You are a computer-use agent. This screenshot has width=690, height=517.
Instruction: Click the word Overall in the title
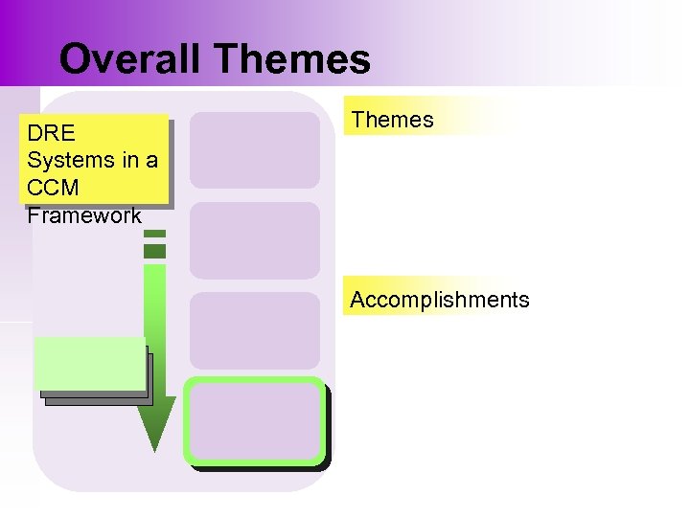click(131, 58)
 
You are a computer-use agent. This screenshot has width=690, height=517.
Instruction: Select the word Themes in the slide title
click(292, 58)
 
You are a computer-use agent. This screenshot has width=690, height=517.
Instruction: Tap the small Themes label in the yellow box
click(392, 120)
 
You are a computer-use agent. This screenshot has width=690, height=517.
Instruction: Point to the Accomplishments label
click(439, 300)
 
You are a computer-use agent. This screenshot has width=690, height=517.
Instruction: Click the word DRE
click(52, 131)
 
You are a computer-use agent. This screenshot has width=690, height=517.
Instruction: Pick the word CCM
click(54, 187)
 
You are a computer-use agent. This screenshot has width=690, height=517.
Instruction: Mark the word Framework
click(84, 215)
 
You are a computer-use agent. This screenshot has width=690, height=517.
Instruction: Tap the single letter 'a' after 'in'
click(150, 160)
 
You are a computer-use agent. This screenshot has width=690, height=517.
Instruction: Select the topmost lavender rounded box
click(254, 149)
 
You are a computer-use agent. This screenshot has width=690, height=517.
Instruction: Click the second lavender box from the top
click(254, 239)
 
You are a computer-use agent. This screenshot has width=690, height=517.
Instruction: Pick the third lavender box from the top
click(254, 330)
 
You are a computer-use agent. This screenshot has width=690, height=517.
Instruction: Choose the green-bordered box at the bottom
click(254, 421)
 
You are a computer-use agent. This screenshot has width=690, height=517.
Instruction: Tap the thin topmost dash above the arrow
click(154, 234)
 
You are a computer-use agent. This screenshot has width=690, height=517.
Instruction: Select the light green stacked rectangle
click(89, 364)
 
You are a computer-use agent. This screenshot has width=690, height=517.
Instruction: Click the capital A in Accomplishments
click(357, 300)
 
